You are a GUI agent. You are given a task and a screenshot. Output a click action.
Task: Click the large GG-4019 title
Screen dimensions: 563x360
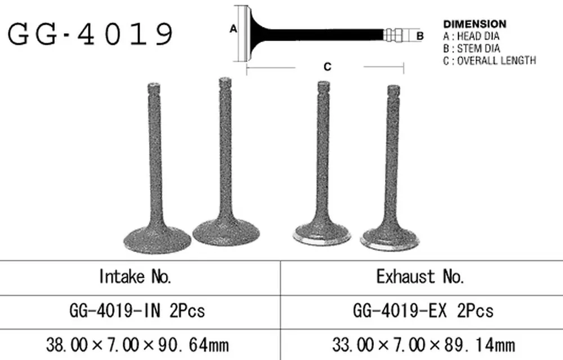(x=90, y=34)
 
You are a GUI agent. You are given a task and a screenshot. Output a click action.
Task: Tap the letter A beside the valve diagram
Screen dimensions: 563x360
(x=234, y=29)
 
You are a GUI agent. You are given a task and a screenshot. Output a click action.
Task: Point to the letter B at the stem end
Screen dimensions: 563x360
(x=420, y=36)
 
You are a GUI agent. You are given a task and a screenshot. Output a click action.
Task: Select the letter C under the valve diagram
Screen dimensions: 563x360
(x=327, y=67)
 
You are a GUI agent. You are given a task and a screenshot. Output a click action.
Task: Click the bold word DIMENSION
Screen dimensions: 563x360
(x=475, y=24)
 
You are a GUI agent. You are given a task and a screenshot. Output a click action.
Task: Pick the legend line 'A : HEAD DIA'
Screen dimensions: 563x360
(x=471, y=36)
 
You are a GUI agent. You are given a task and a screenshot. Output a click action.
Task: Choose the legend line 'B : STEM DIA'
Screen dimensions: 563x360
(x=471, y=48)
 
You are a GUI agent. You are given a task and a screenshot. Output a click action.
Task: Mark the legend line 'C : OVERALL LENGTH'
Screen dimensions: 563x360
(x=489, y=60)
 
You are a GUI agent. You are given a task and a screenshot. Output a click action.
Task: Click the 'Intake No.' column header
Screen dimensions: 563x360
(x=135, y=277)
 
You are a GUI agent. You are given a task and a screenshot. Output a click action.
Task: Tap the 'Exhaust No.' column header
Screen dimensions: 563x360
(x=420, y=277)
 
